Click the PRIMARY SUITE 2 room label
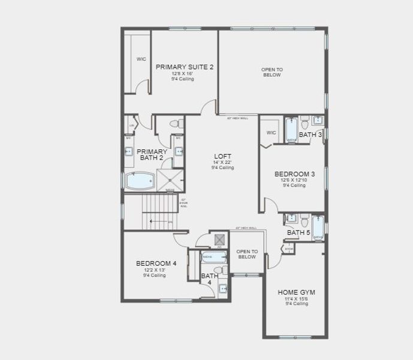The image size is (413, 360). tap(184, 67)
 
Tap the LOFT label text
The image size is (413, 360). tap(222, 157)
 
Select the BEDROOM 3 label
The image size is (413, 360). tap(294, 174)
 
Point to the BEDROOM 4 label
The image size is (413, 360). tap(156, 263)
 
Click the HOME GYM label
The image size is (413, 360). tap(296, 292)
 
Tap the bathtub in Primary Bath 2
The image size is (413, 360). tap(141, 181)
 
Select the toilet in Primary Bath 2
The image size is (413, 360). tap(176, 124)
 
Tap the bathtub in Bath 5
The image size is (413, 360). tap(317, 227)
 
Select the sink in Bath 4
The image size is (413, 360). tap(222, 289)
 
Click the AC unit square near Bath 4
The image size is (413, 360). tap(219, 239)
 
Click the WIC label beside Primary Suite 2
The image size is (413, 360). tap(141, 59)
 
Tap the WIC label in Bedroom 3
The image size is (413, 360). tap(271, 133)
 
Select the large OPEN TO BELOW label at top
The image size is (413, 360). tap(272, 73)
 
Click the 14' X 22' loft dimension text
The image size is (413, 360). tap(222, 163)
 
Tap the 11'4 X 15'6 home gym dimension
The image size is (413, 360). tap(296, 299)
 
